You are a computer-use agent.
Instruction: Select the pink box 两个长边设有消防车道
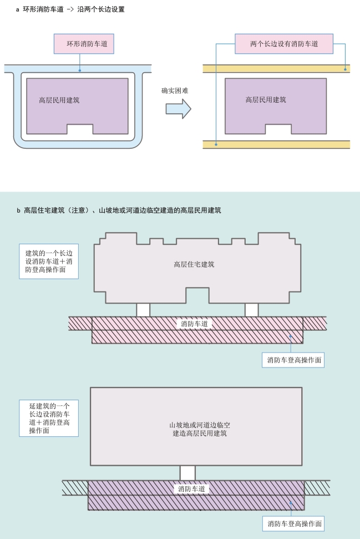tap(283, 43)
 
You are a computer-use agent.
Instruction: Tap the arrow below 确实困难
tap(178, 109)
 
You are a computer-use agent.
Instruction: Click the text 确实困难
tap(175, 90)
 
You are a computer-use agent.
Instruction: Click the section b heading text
tap(119, 210)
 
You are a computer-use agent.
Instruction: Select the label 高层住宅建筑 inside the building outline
tap(194, 264)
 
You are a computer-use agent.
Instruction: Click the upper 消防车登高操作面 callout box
tap(293, 360)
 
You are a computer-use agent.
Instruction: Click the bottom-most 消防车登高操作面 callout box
tap(293, 523)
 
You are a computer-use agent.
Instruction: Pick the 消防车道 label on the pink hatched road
tap(194, 323)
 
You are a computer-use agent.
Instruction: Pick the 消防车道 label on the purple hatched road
tap(192, 489)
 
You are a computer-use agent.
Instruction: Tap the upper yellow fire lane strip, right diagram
tap(276, 69)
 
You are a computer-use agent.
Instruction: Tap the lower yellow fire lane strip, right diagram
tap(276, 144)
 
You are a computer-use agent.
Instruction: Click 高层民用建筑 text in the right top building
tap(266, 100)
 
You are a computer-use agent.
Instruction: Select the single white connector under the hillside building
tap(187, 472)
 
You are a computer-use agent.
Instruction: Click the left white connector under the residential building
tap(143, 310)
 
